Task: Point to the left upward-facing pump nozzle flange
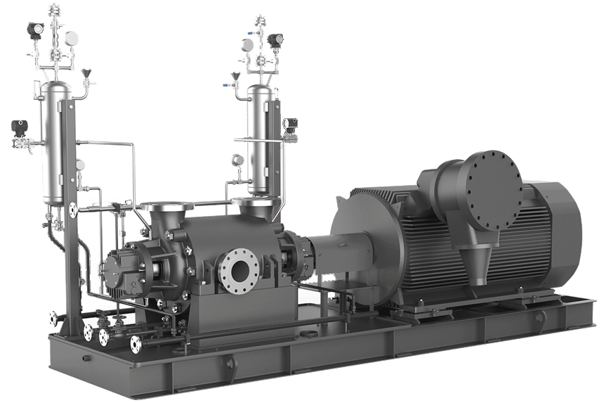tap(167, 207)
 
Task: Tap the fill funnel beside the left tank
tap(86, 73)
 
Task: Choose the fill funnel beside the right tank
tap(235, 75)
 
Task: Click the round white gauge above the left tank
tap(70, 37)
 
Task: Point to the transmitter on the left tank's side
tap(17, 129)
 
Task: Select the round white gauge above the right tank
tap(246, 44)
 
